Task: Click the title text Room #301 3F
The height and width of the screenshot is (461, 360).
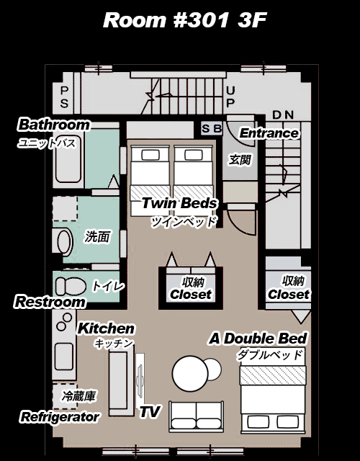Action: pyautogui.click(x=185, y=20)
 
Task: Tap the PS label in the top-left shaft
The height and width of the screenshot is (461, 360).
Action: pyautogui.click(x=64, y=97)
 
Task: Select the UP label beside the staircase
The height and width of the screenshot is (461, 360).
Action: pyautogui.click(x=230, y=97)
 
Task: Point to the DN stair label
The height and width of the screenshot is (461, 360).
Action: pyautogui.click(x=283, y=115)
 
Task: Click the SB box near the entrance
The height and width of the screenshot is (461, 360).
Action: pyautogui.click(x=212, y=128)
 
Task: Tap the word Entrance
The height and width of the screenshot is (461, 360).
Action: pyautogui.click(x=269, y=133)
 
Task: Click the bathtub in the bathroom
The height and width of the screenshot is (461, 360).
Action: pyautogui.click(x=68, y=158)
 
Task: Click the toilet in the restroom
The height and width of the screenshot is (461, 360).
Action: pyautogui.click(x=71, y=286)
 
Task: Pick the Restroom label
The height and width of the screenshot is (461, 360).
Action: pyautogui.click(x=50, y=302)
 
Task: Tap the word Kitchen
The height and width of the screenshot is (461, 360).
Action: pyautogui.click(x=106, y=328)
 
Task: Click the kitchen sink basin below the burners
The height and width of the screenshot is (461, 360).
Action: pyautogui.click(x=64, y=357)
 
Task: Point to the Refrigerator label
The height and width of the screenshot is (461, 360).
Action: pyautogui.click(x=60, y=417)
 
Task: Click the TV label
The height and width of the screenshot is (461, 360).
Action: pyautogui.click(x=150, y=411)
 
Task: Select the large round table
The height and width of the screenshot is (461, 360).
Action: pyautogui.click(x=190, y=373)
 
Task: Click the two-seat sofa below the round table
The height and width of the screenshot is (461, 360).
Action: pyautogui.click(x=196, y=416)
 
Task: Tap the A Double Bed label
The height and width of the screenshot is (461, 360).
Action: pyautogui.click(x=258, y=339)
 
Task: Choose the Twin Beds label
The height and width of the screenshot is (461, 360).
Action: pyautogui.click(x=179, y=203)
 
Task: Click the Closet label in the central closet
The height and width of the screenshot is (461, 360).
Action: pyautogui.click(x=191, y=295)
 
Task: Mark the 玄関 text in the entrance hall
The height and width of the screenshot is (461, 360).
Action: pyautogui.click(x=240, y=160)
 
